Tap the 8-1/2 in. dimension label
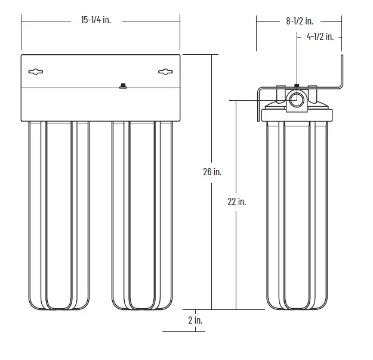[299, 21]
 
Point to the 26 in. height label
[212, 172]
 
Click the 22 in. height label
[237, 201]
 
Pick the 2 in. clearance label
[195, 320]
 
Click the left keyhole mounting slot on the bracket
[36, 72]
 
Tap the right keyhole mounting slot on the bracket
[165, 72]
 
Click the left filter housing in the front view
[58, 215]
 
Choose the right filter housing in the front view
[142, 215]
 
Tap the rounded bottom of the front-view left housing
[58, 304]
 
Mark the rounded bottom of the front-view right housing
[142, 304]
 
